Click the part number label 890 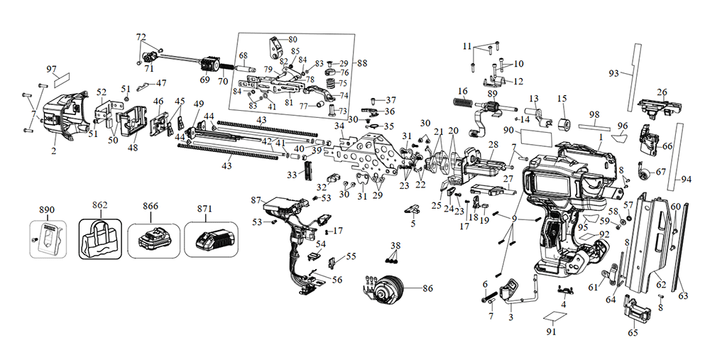[47, 210]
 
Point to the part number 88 [363, 64]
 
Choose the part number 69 [204, 80]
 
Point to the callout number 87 [257, 201]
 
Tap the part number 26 [662, 92]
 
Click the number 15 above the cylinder [562, 98]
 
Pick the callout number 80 [293, 38]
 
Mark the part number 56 [337, 280]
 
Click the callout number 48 [133, 148]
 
